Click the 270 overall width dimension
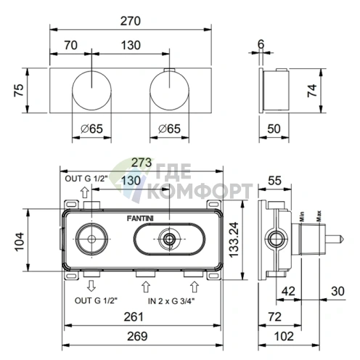coord(131,21)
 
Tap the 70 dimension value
coord(71,45)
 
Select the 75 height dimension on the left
coord(19,90)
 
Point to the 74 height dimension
coord(312,91)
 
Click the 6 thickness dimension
coord(261,44)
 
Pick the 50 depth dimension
coord(274,128)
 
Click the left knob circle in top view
coord(91,91)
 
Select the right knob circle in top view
coord(169,91)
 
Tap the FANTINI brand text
coord(140,218)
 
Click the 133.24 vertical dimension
coord(234,240)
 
